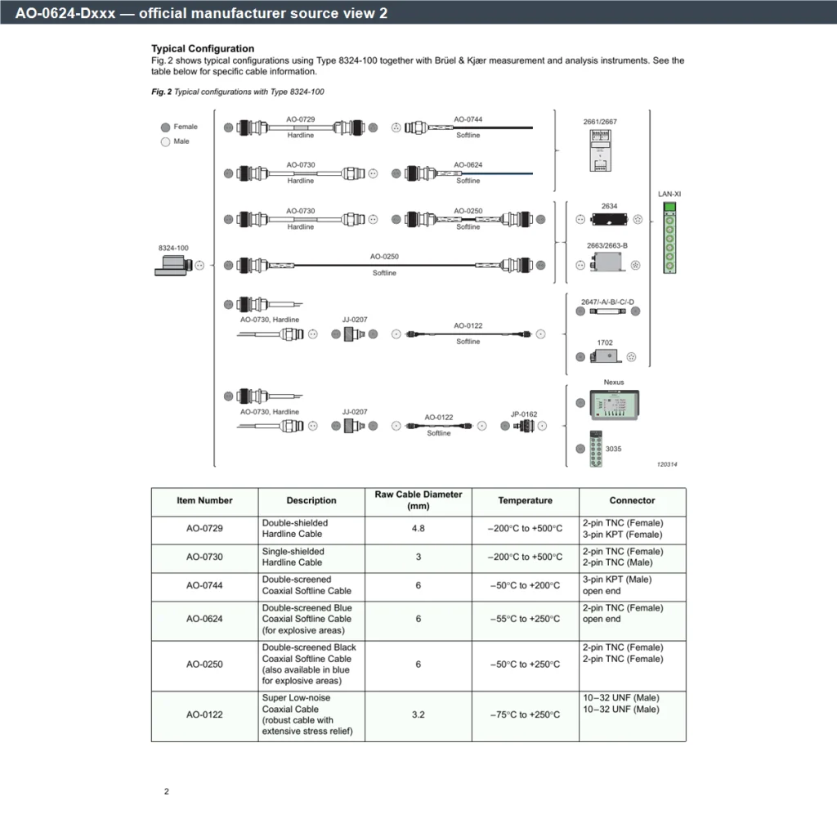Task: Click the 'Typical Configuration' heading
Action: [x=203, y=48]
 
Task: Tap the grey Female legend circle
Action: [x=165, y=127]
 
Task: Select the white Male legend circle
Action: [x=165, y=141]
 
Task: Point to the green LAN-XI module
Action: [x=669, y=238]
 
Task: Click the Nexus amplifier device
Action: [x=614, y=405]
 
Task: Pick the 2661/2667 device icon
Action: [x=600, y=150]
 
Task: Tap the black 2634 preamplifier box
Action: [x=609, y=219]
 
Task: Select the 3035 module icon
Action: [x=596, y=449]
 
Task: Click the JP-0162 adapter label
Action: [x=524, y=414]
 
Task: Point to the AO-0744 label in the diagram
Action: [x=468, y=119]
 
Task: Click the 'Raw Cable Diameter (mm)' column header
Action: [x=418, y=500]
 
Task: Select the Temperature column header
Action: [x=526, y=500]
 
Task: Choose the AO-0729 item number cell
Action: [x=204, y=529]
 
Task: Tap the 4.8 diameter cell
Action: [x=418, y=529]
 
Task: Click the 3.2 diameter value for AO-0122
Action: [x=418, y=714]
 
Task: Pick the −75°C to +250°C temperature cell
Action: [x=526, y=714]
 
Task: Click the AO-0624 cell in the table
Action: [x=204, y=619]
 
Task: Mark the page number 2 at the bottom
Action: [x=167, y=791]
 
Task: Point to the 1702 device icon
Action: [x=606, y=356]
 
